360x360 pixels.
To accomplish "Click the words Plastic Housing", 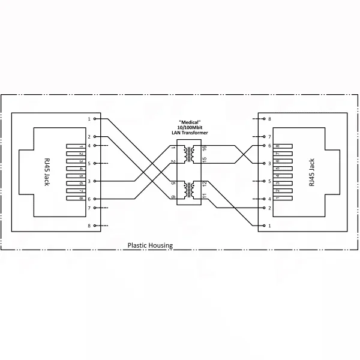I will [x=150, y=245].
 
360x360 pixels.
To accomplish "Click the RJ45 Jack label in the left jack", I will [x=47, y=172].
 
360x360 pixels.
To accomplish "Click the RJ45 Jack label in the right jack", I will [x=311, y=172].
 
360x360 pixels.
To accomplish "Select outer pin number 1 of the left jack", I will [x=89, y=119].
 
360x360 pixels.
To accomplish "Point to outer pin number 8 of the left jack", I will [x=89, y=226].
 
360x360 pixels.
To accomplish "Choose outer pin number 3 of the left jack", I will [x=89, y=181].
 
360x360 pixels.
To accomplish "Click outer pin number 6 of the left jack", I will [x=89, y=199].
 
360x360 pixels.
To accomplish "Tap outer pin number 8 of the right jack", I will [x=269, y=119].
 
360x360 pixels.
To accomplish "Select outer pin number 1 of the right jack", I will [x=269, y=226].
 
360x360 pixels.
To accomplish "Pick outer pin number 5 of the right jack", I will [x=269, y=181].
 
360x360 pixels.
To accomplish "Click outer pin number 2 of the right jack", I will [x=269, y=208].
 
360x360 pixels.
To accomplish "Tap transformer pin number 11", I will [x=204, y=196].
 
